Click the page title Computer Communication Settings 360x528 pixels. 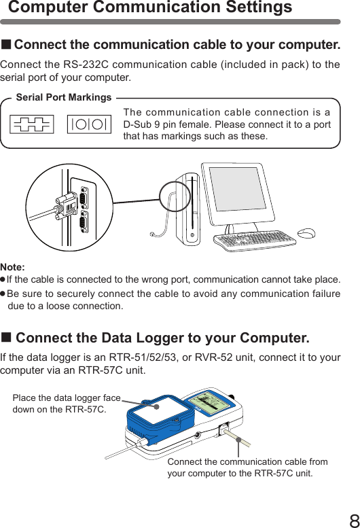(x=150, y=8)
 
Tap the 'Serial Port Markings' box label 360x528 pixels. (x=63, y=97)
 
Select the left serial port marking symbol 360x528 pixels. (x=33, y=124)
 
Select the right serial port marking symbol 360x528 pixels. (x=89, y=124)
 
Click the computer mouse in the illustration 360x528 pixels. (x=306, y=233)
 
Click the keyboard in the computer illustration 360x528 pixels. (x=255, y=239)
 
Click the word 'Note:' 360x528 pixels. (x=12, y=268)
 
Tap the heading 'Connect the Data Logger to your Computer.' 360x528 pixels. (x=162, y=338)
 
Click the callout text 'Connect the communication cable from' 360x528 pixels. (x=247, y=462)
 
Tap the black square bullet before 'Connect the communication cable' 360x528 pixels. (x=6, y=46)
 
